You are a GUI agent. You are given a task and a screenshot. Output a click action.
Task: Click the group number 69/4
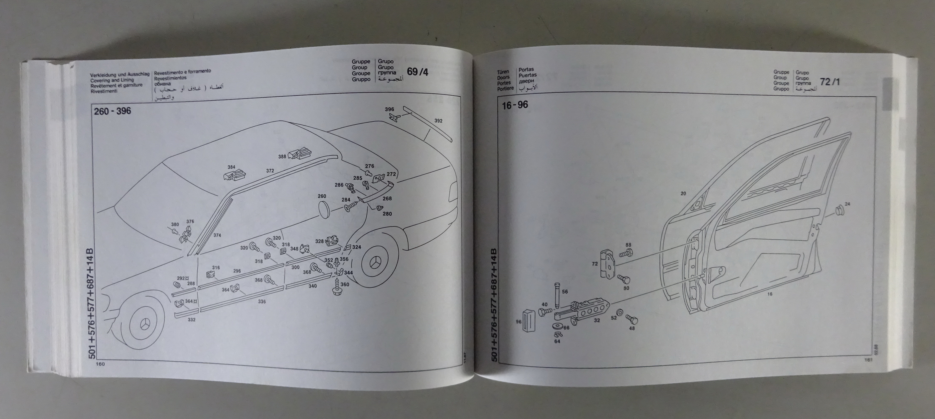[x=417, y=72]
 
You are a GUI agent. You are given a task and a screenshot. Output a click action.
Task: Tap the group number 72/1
[x=830, y=82]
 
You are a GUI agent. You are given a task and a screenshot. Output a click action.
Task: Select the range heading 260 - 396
[x=112, y=111]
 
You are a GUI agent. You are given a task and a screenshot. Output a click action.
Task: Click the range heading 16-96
[x=515, y=105]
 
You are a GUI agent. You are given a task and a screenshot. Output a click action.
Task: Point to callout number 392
[x=438, y=121]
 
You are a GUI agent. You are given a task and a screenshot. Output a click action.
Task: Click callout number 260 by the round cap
[x=322, y=196]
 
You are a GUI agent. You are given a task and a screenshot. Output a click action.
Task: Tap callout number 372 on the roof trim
[x=270, y=171]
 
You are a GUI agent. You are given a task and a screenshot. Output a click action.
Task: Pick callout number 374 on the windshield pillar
[x=217, y=235]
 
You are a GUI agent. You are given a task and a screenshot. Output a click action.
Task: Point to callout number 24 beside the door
[x=847, y=204]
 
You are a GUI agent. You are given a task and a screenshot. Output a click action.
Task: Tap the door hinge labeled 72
[x=607, y=264]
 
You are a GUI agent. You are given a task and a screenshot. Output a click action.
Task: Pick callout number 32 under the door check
[x=597, y=320]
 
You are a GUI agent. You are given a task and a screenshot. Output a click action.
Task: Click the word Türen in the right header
[x=503, y=72]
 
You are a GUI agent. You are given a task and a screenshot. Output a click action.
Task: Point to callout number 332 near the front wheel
[x=191, y=319]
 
